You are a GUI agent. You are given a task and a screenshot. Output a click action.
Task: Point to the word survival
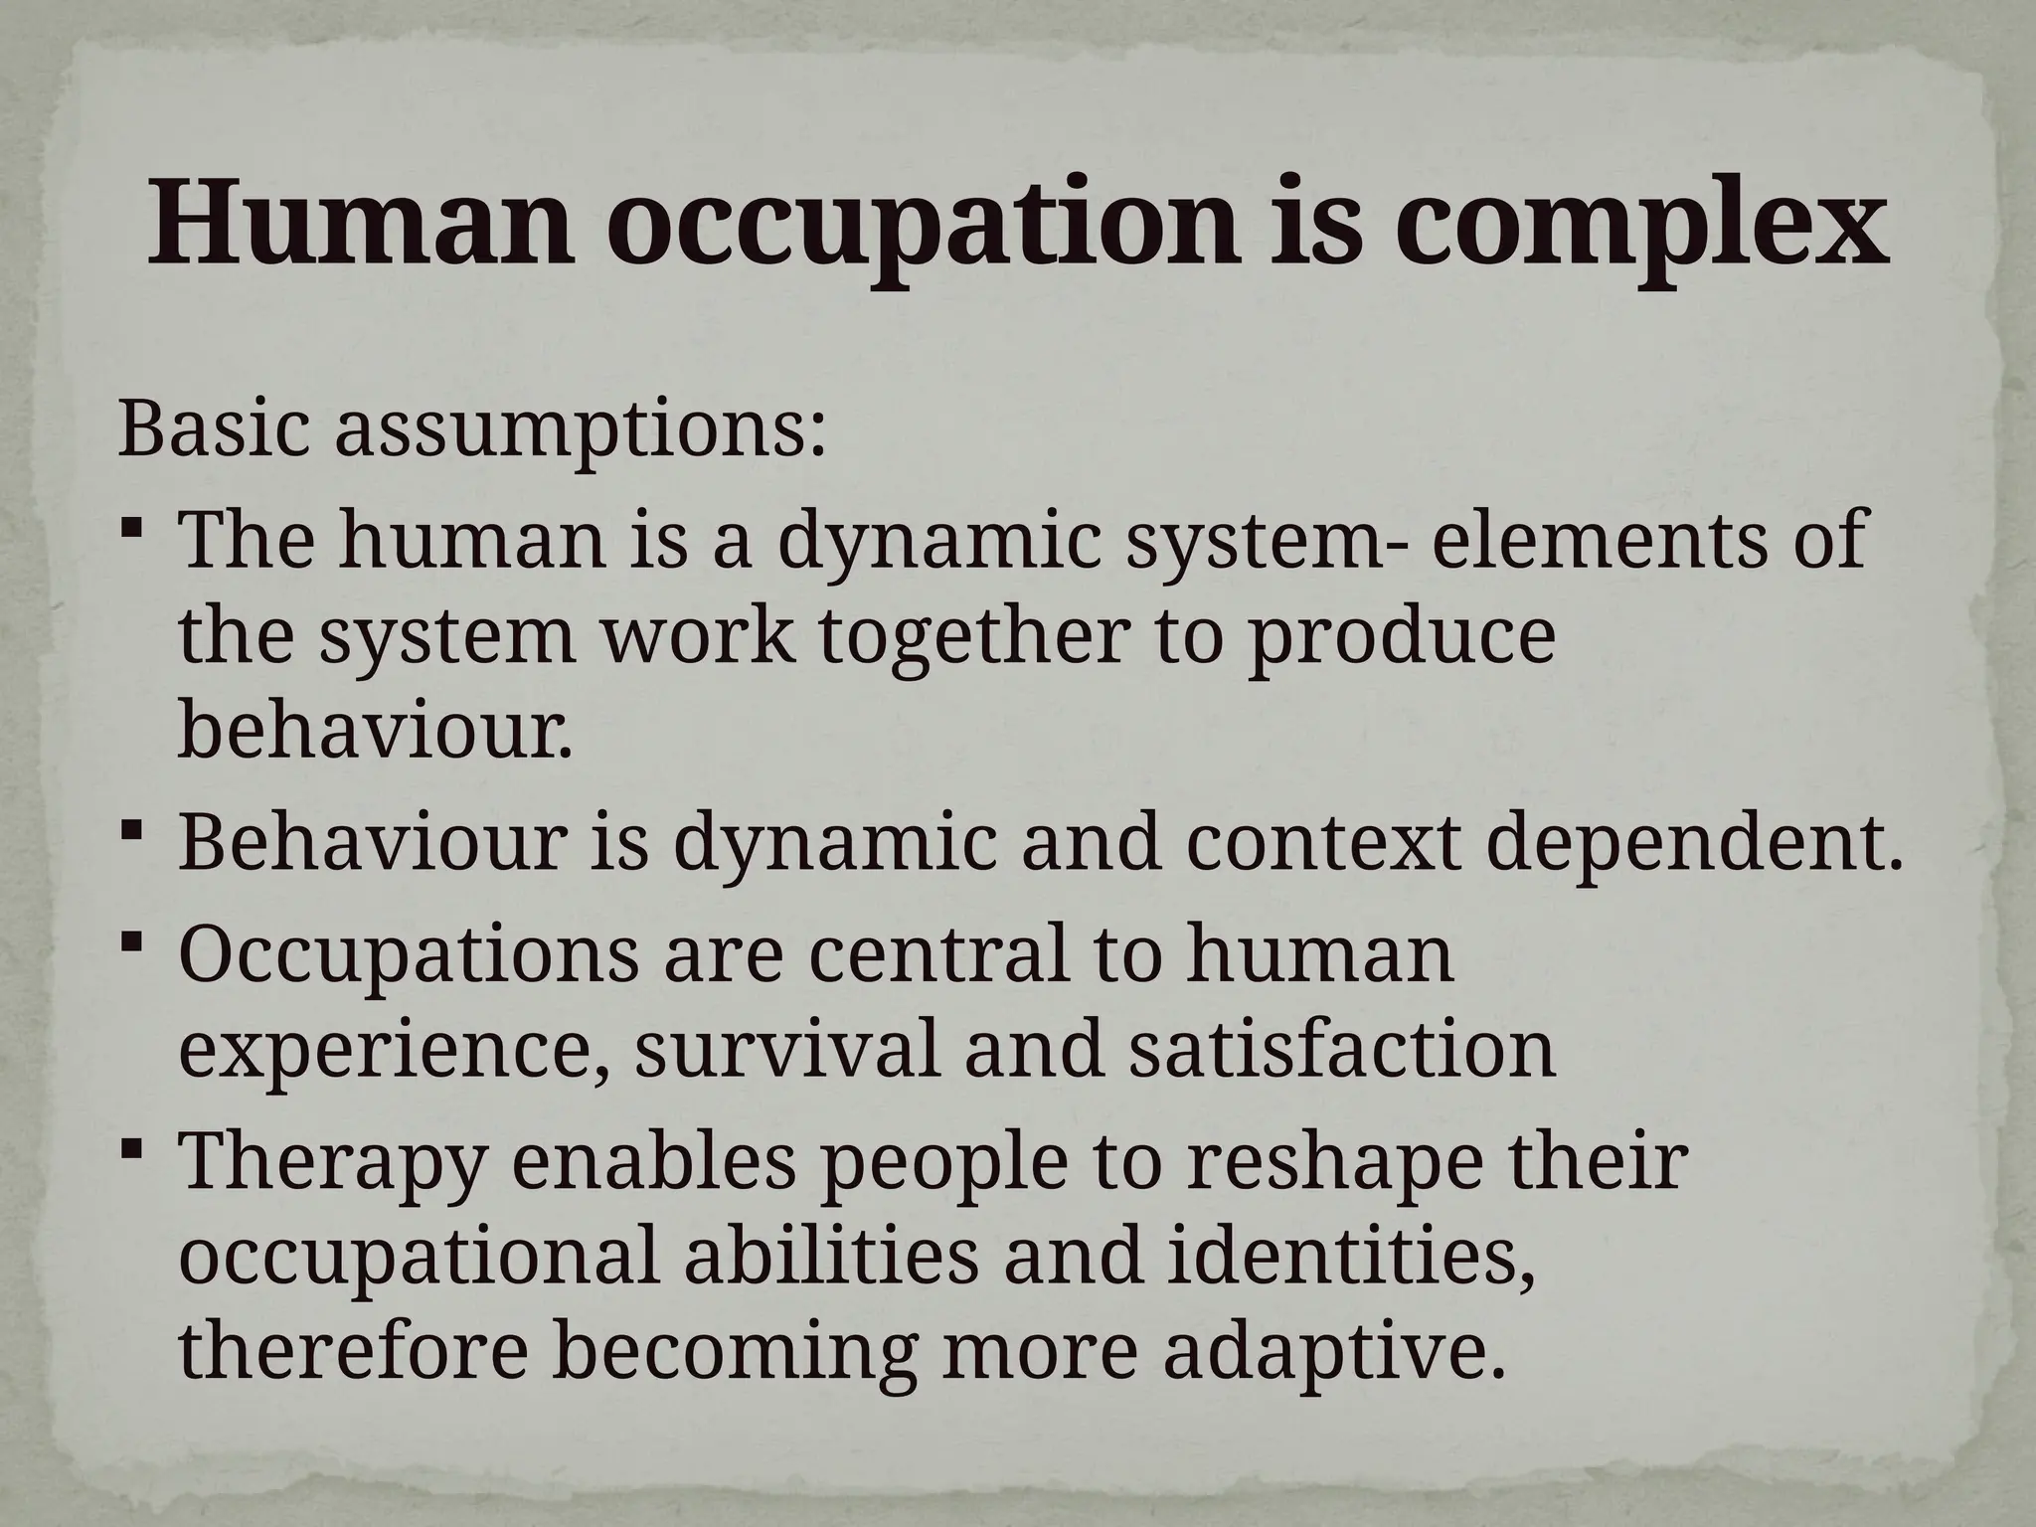[x=786, y=1050]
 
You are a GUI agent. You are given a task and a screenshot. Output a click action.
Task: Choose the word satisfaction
[x=1341, y=1050]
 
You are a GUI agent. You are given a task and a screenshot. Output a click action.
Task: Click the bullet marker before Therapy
[x=131, y=1150]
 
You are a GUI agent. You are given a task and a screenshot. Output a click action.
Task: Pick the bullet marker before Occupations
[x=131, y=940]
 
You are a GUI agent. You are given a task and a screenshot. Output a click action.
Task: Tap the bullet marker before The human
[x=131, y=528]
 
